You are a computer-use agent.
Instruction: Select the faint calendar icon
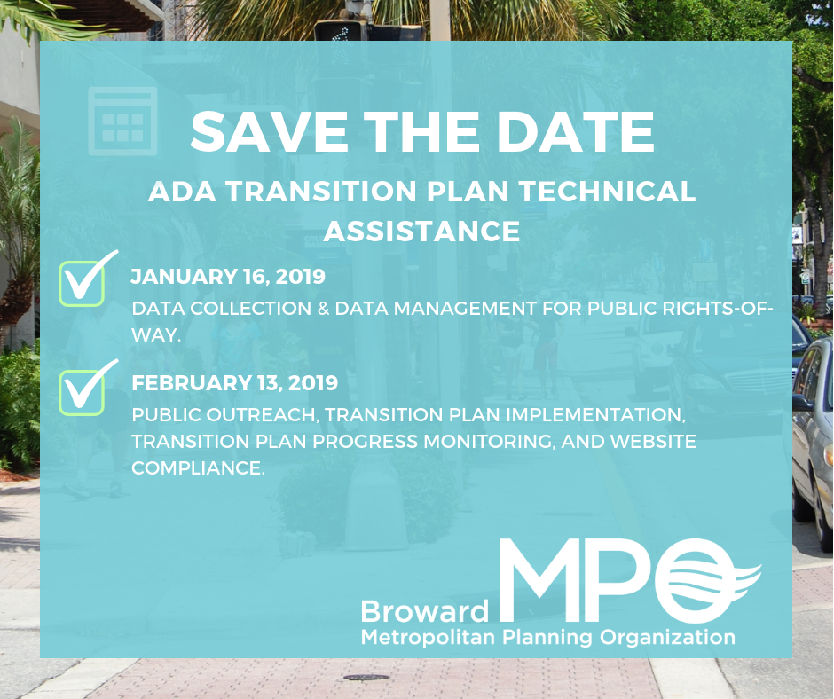(122, 121)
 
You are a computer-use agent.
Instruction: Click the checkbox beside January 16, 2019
(82, 283)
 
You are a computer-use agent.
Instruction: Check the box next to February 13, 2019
(82, 390)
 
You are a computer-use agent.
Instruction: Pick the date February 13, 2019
(234, 383)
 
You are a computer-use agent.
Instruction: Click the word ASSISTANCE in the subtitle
(421, 231)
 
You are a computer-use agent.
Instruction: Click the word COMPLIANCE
(198, 467)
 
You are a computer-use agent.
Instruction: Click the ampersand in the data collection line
(294, 309)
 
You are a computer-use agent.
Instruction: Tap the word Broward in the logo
(424, 611)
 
